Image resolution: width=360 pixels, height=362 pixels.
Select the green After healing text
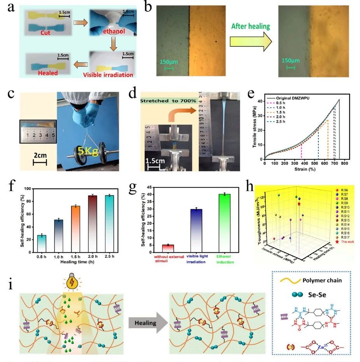(250, 26)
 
